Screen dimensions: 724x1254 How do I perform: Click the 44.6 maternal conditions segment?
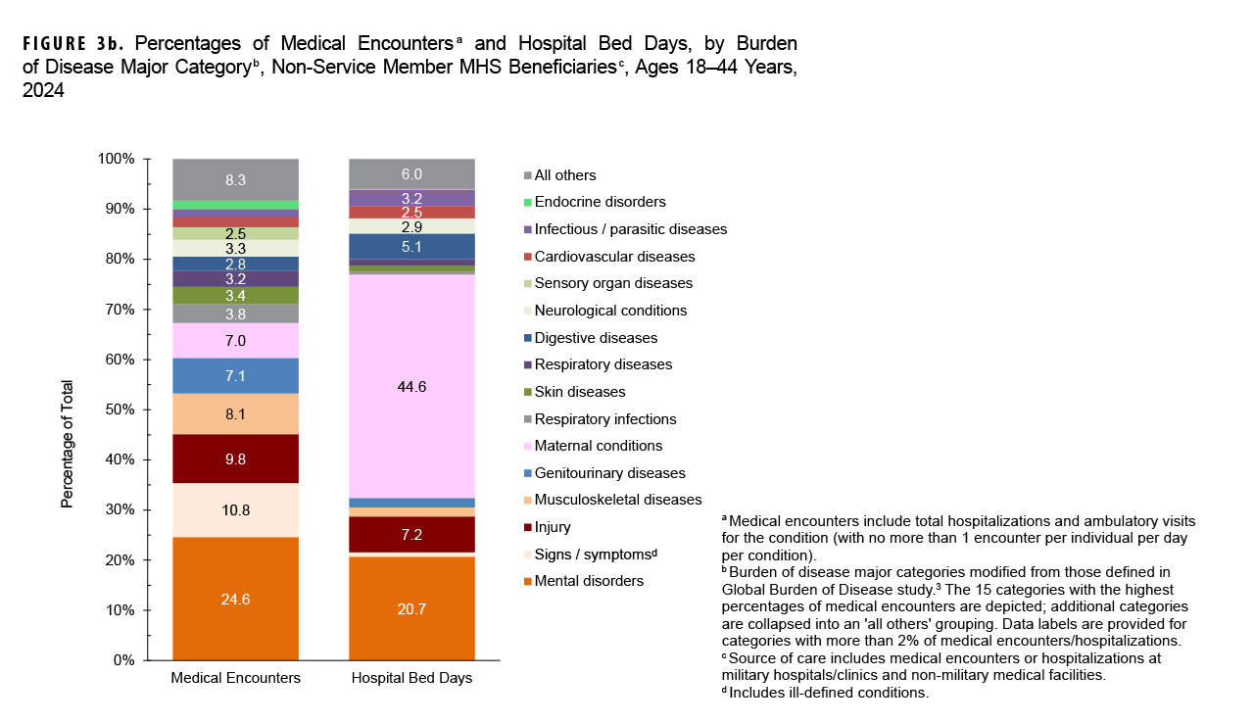tap(411, 386)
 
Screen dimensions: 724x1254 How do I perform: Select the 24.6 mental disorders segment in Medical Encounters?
tap(235, 599)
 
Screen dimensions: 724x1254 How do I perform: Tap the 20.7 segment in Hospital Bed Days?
tap(411, 608)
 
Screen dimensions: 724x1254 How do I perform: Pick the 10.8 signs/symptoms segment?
tap(235, 510)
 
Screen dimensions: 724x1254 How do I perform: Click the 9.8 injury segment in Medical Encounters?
tap(235, 459)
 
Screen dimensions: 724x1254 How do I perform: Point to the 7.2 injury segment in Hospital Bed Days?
tap(411, 534)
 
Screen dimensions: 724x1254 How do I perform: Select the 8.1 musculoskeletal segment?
tap(235, 414)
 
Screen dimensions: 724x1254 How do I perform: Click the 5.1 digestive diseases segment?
tap(411, 247)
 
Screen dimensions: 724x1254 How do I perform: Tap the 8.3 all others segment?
tap(235, 179)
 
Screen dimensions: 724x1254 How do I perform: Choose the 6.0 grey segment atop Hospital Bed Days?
tap(411, 173)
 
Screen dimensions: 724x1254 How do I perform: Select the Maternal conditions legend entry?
tap(598, 446)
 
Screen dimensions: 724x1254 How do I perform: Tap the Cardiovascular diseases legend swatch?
tap(528, 257)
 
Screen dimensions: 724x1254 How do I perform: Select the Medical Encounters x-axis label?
tap(235, 678)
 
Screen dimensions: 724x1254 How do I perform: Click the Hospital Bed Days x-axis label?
tap(411, 678)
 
